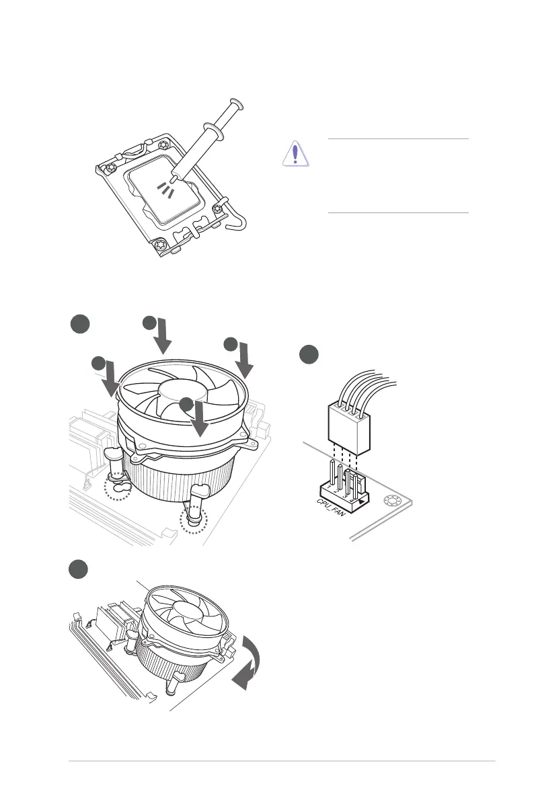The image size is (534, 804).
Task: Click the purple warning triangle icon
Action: tap(295, 153)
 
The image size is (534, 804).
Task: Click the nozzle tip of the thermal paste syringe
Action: tap(174, 178)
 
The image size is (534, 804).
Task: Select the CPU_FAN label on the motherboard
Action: tap(331, 508)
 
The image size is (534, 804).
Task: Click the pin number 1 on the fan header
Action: tap(329, 487)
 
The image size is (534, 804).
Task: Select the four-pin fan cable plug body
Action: tap(349, 429)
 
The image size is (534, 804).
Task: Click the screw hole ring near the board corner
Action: tap(391, 501)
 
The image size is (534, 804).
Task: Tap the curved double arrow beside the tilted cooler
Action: tap(247, 662)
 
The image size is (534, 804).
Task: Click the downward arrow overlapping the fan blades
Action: tap(200, 418)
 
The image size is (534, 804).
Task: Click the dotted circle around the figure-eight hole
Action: tap(118, 487)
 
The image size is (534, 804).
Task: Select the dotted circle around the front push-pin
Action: tap(194, 520)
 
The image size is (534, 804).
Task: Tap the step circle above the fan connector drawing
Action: tap(309, 355)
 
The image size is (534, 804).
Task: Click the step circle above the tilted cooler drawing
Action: tap(79, 569)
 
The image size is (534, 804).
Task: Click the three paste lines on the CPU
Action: tap(165, 189)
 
